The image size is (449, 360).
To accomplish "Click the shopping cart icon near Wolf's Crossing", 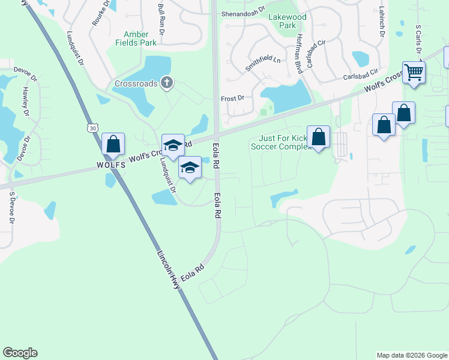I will coord(414,73).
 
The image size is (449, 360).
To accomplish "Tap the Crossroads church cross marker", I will coord(167,83).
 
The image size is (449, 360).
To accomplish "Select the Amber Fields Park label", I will coord(140,38).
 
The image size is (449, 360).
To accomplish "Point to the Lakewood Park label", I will coord(287,21).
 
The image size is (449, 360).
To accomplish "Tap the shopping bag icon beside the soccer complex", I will coord(319,136).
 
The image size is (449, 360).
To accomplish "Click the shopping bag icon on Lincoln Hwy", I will coord(113,144).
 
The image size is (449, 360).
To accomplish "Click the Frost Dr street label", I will coord(233,98).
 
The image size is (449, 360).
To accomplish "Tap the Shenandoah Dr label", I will coord(243,13).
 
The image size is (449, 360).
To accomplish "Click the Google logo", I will coord(20,353).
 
